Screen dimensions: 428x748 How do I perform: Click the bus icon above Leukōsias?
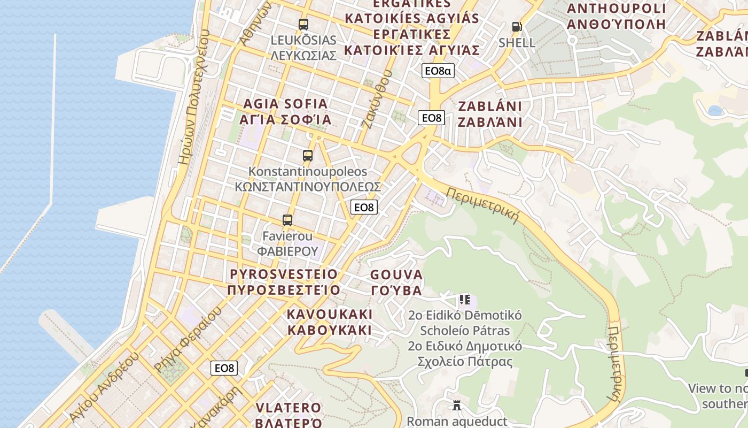303,24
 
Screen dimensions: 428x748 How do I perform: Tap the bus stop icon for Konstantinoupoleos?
308,156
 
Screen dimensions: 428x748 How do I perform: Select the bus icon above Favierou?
287,220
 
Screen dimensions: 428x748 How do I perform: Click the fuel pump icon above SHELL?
517,26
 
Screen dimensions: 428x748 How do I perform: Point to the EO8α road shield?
438,71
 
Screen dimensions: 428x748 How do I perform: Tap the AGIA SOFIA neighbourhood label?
285,112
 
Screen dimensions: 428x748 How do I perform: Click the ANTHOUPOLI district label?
616,16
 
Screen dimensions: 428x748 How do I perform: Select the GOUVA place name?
396,282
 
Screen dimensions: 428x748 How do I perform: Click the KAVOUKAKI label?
330,322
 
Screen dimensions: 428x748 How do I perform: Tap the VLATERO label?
289,415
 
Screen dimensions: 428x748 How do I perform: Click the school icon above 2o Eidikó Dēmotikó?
464,300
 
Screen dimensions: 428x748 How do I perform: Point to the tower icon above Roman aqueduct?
457,406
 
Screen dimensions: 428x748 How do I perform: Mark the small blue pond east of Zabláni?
714,111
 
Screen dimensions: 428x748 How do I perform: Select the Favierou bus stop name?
287,243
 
